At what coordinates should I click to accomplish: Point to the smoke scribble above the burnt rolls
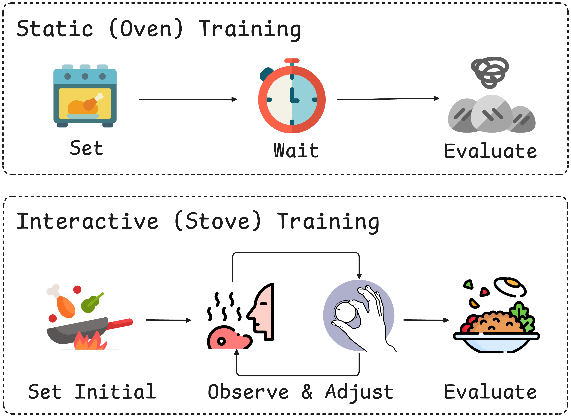point(490,72)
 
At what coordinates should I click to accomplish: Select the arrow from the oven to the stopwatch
point(188,99)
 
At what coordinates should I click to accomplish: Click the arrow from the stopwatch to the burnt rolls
point(388,99)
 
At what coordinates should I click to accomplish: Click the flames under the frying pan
point(90,341)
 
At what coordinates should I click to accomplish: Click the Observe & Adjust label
point(301,392)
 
